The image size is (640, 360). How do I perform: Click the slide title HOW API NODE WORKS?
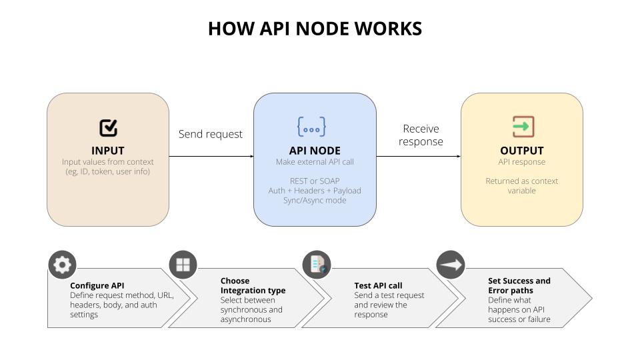click(x=315, y=29)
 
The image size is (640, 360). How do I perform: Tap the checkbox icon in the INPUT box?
click(x=108, y=127)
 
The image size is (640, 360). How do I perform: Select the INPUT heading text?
click(x=108, y=151)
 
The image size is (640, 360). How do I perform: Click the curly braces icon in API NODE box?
click(x=311, y=127)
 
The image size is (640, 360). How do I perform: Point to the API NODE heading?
click(x=315, y=151)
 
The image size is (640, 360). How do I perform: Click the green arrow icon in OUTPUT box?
click(x=523, y=126)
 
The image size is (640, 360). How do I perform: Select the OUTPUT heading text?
click(x=521, y=151)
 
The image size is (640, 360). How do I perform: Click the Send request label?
click(x=211, y=134)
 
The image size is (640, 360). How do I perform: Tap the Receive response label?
click(x=421, y=135)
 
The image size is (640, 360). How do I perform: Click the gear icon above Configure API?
click(x=62, y=265)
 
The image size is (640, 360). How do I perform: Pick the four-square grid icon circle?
click(x=183, y=265)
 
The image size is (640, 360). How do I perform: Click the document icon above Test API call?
click(x=317, y=265)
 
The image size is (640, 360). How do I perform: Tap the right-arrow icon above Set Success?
click(x=451, y=265)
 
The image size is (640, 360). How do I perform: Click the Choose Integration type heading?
click(x=253, y=285)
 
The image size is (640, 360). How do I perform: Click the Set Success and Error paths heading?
click(x=519, y=285)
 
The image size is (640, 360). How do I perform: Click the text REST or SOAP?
click(x=315, y=181)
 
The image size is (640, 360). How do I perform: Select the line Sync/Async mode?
click(x=315, y=200)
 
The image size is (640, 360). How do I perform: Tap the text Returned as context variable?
click(x=521, y=185)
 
